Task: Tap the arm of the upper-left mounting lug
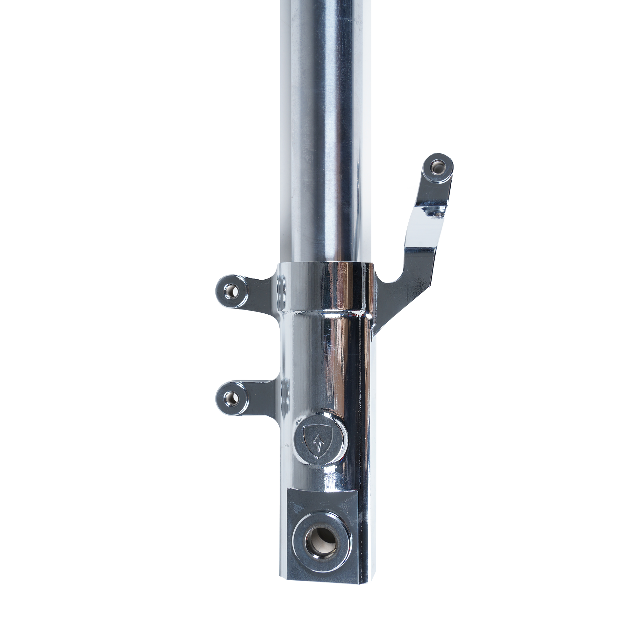[259, 290]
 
